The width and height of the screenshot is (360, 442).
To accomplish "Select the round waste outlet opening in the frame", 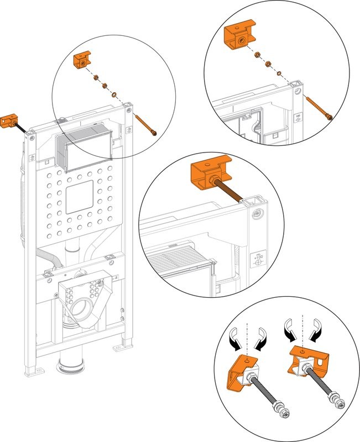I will point(82,306).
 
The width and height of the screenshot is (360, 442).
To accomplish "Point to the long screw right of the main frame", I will point(147,124).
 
